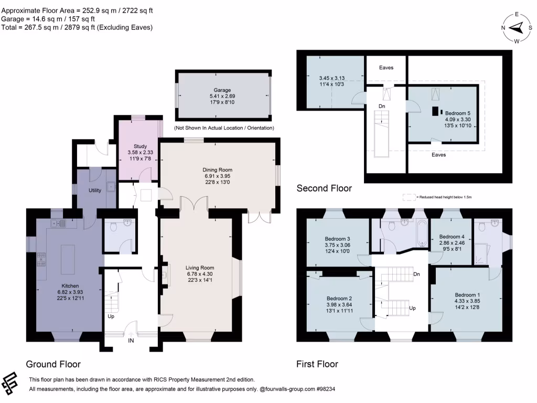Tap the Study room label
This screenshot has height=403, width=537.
(x=140, y=146)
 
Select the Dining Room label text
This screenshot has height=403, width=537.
(x=217, y=170)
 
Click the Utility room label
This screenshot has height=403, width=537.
(x=95, y=191)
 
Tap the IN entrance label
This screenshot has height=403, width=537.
(x=132, y=341)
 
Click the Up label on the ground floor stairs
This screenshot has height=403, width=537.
(x=111, y=316)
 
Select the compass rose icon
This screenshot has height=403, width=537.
(x=516, y=28)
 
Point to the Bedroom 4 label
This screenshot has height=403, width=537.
(x=452, y=237)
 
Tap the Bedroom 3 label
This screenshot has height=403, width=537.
(x=338, y=239)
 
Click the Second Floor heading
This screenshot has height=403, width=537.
(x=324, y=188)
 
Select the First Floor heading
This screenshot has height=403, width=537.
(x=317, y=364)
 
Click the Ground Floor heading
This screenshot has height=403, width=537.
(x=53, y=364)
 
